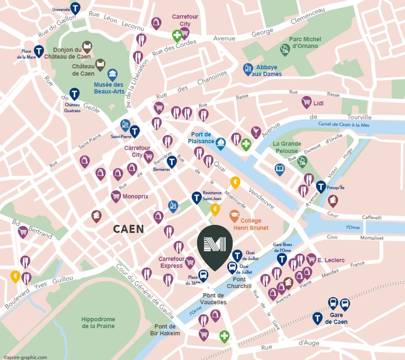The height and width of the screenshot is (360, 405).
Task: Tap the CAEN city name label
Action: tap(128, 229)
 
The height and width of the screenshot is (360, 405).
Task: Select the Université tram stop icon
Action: tap(75, 8)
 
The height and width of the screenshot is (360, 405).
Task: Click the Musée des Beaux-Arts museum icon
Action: tap(113, 75)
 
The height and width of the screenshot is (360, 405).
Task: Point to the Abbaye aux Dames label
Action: tap(266, 71)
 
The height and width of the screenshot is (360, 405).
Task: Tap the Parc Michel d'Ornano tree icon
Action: tap(285, 49)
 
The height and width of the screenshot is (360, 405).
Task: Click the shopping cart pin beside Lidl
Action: tap(306, 102)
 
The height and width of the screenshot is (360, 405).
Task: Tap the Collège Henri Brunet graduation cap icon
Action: tap(234, 216)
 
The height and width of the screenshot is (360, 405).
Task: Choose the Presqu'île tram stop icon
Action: tap(321, 186)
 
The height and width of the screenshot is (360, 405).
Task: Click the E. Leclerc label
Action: tap(331, 260)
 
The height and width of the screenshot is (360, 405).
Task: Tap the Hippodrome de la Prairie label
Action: tap(98, 323)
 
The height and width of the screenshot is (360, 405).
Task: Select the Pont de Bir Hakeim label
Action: tap(165, 330)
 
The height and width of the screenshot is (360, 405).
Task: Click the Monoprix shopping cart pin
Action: tap(116, 196)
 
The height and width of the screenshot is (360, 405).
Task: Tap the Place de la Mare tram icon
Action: tap(39, 51)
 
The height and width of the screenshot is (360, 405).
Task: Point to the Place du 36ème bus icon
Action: tap(204, 275)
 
